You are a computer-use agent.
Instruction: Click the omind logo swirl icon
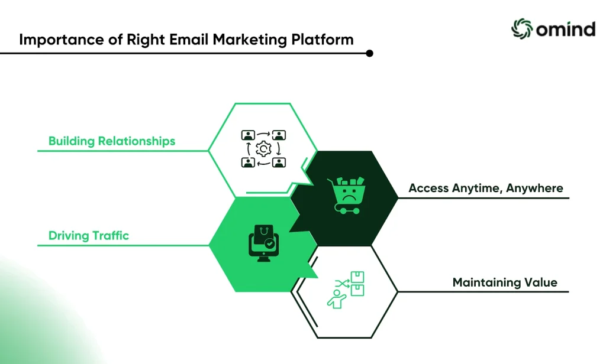[x=522, y=28]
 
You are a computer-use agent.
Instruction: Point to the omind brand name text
[x=565, y=30]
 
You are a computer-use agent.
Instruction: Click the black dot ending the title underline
[x=369, y=53]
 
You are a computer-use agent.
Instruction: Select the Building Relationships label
[x=112, y=141]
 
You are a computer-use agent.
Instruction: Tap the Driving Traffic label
[x=89, y=235]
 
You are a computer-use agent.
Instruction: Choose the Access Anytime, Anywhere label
[x=486, y=188]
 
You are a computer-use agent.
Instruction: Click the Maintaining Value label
[x=505, y=282]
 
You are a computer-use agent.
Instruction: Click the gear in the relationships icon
[x=263, y=149]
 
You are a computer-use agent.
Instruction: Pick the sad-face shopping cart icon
[x=346, y=196]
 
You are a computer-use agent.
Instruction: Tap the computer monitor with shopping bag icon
[x=263, y=243]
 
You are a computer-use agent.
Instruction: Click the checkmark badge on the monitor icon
[x=270, y=243]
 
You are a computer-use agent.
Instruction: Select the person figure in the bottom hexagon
[x=337, y=299]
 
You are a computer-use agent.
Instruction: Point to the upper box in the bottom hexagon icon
[x=357, y=277]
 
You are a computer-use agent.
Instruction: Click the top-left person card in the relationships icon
[x=248, y=135]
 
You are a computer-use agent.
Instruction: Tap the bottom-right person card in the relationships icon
[x=279, y=162]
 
